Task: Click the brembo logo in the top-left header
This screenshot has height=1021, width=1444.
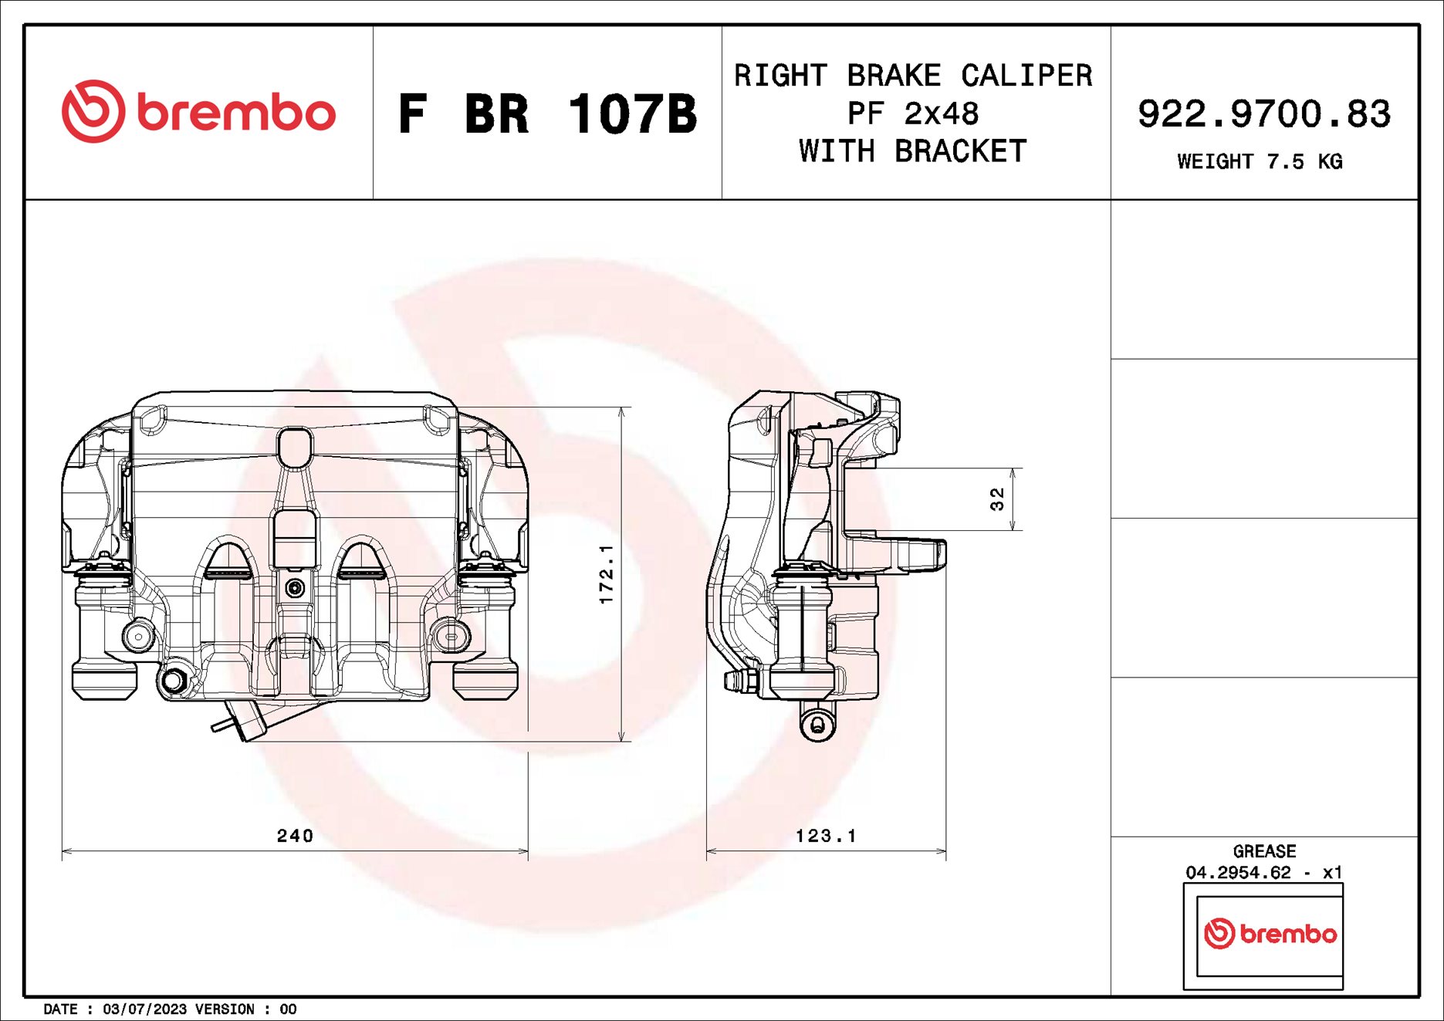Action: (198, 112)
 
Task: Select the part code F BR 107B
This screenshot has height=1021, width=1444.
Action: (547, 114)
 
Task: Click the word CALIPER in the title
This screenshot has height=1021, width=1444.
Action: (1026, 76)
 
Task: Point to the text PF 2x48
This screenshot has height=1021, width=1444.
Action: (913, 113)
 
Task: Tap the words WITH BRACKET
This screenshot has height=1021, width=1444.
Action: (913, 151)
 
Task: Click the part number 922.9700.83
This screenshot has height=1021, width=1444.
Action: (1263, 113)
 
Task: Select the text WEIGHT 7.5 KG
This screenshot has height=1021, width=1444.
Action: (1260, 161)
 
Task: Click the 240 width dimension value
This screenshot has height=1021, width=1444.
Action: (295, 836)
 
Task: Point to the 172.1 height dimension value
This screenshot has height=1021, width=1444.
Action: (607, 573)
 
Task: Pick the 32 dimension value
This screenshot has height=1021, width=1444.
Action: (997, 499)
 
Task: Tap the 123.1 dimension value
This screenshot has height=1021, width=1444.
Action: (826, 836)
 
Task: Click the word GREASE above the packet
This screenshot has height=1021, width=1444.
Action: (1264, 851)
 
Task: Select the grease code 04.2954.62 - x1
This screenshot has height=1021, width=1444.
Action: (1264, 873)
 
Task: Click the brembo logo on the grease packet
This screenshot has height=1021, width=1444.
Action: (1270, 934)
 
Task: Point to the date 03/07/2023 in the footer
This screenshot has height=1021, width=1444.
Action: (144, 1009)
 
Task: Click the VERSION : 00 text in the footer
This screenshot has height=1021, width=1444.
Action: (245, 1009)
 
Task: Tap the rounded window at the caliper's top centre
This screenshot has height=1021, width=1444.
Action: (294, 448)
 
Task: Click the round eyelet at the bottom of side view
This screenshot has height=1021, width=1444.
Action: (817, 724)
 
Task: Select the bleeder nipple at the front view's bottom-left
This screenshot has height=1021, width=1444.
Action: (173, 681)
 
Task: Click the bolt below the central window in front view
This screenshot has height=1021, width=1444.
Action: (294, 589)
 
